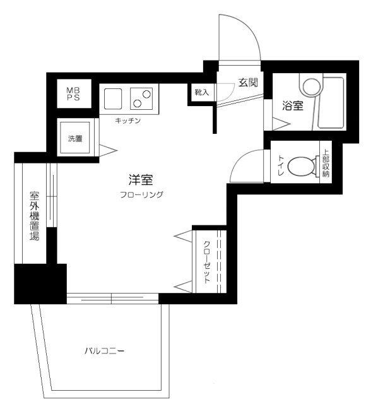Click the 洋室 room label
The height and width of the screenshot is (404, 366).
142,180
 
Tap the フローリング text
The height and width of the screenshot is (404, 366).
142,195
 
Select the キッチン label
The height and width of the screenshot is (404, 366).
127,120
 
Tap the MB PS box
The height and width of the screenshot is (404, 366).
74,95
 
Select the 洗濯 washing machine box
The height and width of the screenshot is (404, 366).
76,139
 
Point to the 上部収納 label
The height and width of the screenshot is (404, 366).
326,164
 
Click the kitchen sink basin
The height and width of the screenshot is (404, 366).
113,99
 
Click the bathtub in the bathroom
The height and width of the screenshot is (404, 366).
330,102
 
